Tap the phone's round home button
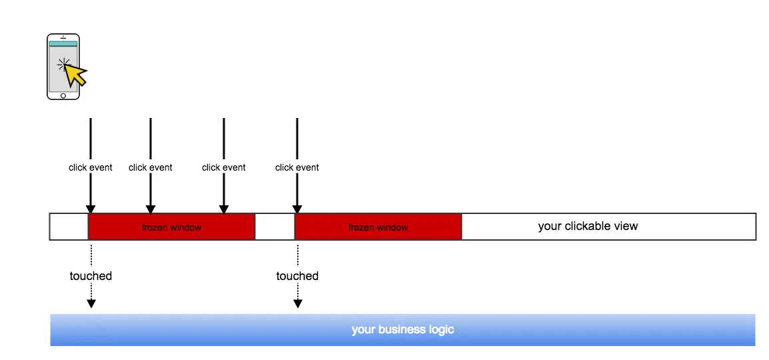(x=63, y=95)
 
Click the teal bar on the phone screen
(x=63, y=44)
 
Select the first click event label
(x=91, y=167)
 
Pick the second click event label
(x=151, y=167)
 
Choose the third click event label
(x=224, y=167)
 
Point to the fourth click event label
(x=297, y=167)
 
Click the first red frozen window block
(x=171, y=227)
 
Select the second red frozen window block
(x=378, y=227)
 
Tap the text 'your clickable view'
(x=588, y=226)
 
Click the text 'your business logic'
(x=402, y=329)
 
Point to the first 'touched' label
(x=91, y=276)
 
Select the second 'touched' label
(x=297, y=276)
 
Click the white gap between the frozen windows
(x=275, y=227)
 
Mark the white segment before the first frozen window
(x=69, y=227)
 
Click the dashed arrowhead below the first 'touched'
(x=91, y=303)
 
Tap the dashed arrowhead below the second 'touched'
(x=298, y=303)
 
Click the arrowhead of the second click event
(x=151, y=209)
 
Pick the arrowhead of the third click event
(x=224, y=209)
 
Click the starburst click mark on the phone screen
(x=63, y=65)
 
